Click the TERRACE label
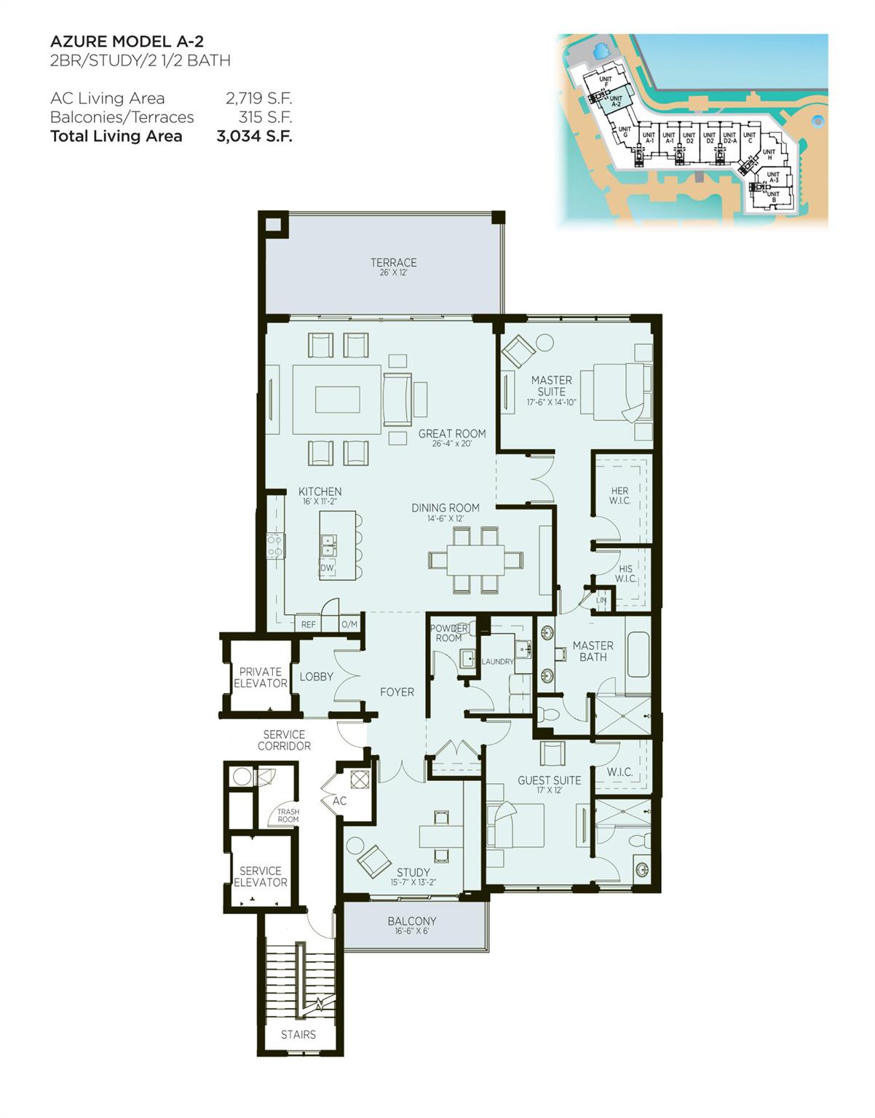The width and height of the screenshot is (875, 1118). (x=393, y=263)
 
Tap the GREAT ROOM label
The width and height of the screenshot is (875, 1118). (x=451, y=434)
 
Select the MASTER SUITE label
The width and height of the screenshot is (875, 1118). (x=551, y=386)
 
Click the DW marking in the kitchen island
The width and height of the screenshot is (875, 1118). (x=327, y=568)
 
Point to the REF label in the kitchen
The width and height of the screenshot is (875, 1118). (x=309, y=625)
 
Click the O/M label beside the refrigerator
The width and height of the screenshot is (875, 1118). (x=349, y=625)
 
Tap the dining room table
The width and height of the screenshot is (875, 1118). (x=475, y=560)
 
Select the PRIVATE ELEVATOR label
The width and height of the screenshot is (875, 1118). (x=260, y=678)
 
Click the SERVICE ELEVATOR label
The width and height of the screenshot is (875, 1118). (x=260, y=876)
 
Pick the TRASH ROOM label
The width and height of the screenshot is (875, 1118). (x=288, y=815)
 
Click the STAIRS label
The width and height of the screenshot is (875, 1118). (x=298, y=1034)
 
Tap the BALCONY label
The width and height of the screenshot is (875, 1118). (x=412, y=921)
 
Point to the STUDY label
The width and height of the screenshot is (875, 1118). (x=413, y=873)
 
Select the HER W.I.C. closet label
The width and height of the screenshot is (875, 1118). (x=619, y=496)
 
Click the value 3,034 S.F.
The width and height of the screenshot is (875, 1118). (x=254, y=136)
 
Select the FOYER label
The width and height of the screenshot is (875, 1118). (x=397, y=692)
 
